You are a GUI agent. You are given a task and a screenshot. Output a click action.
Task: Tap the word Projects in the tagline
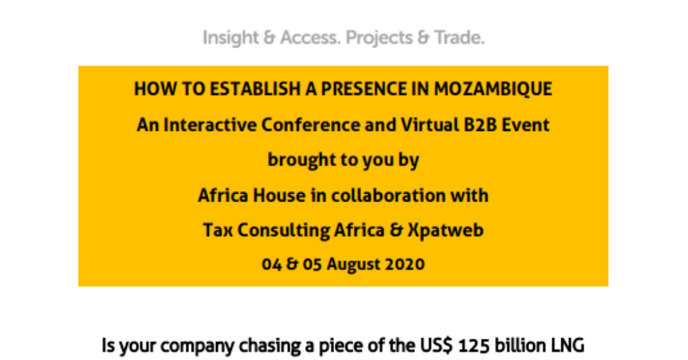[x=379, y=38]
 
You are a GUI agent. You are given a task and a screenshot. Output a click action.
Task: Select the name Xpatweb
[x=446, y=230]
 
